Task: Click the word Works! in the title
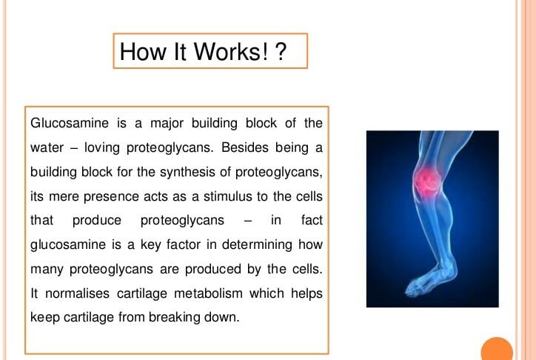pos(231,52)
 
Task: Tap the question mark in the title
pos(280,52)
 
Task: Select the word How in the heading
pos(143,52)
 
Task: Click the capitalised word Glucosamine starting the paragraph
pos(70,123)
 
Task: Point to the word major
pos(167,124)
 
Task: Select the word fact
pos(312,220)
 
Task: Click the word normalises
pos(77,293)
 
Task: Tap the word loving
pos(102,148)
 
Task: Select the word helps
pos(306,294)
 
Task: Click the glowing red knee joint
pos(426,180)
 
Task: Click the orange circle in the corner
pos(497,349)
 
